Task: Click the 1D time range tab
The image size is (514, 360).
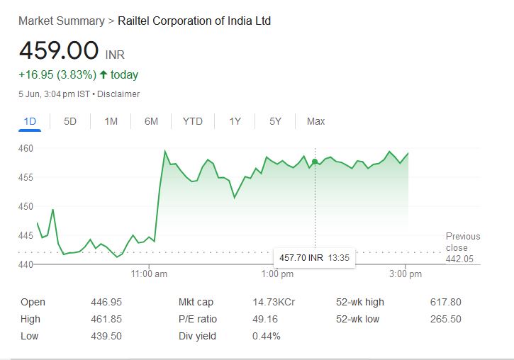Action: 30,121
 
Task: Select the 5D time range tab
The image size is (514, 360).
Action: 70,121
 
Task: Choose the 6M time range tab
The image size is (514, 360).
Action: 151,121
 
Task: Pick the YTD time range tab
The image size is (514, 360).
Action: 193,121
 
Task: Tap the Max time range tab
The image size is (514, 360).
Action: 315,121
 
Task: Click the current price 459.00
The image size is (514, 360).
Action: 59,51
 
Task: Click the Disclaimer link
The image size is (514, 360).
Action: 118,94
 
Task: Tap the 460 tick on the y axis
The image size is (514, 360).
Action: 26,149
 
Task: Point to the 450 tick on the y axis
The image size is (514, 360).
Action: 26,206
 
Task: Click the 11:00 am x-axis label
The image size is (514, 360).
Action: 149,274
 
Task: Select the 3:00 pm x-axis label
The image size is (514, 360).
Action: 406,274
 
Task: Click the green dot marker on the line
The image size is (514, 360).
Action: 315,162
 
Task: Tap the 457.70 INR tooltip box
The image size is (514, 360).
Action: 315,257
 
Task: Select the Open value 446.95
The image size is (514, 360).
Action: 106,302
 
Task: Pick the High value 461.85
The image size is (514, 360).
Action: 106,319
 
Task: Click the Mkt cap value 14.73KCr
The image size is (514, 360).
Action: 274,302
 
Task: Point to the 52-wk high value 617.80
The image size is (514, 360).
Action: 445,302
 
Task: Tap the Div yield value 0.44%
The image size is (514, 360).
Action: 267,336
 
